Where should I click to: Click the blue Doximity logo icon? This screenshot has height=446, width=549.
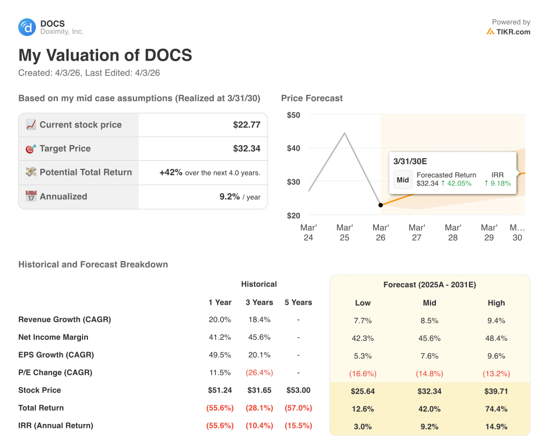pos(27,27)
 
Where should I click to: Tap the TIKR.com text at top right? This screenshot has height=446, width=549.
pos(513,32)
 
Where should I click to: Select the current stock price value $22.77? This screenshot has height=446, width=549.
pos(247,125)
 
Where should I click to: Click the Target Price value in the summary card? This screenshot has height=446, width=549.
pos(247,148)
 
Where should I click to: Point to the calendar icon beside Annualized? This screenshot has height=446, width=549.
pos(31,196)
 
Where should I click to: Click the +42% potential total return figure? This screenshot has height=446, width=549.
pos(171,173)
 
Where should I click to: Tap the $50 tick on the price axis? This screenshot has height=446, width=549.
pos(293,115)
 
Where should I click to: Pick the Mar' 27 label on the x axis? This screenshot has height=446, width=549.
pos(417,232)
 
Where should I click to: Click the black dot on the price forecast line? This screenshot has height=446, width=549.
pos(381,205)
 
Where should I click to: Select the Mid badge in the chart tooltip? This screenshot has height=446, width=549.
pos(403,180)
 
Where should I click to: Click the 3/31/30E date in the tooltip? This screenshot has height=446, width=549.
pos(410,161)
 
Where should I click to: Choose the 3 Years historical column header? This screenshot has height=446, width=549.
pos(259,302)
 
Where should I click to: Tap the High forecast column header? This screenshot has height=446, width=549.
pos(496,303)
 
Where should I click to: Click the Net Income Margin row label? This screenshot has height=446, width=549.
pos(53,337)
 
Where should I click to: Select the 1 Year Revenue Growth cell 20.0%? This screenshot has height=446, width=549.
pos(220,319)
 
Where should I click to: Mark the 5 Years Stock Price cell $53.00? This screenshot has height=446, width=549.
pos(298,390)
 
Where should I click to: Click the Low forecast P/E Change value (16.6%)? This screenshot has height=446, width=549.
pos(363,373)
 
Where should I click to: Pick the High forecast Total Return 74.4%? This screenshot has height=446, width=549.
pos(496,408)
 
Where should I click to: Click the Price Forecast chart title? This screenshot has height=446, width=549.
pos(311,98)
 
